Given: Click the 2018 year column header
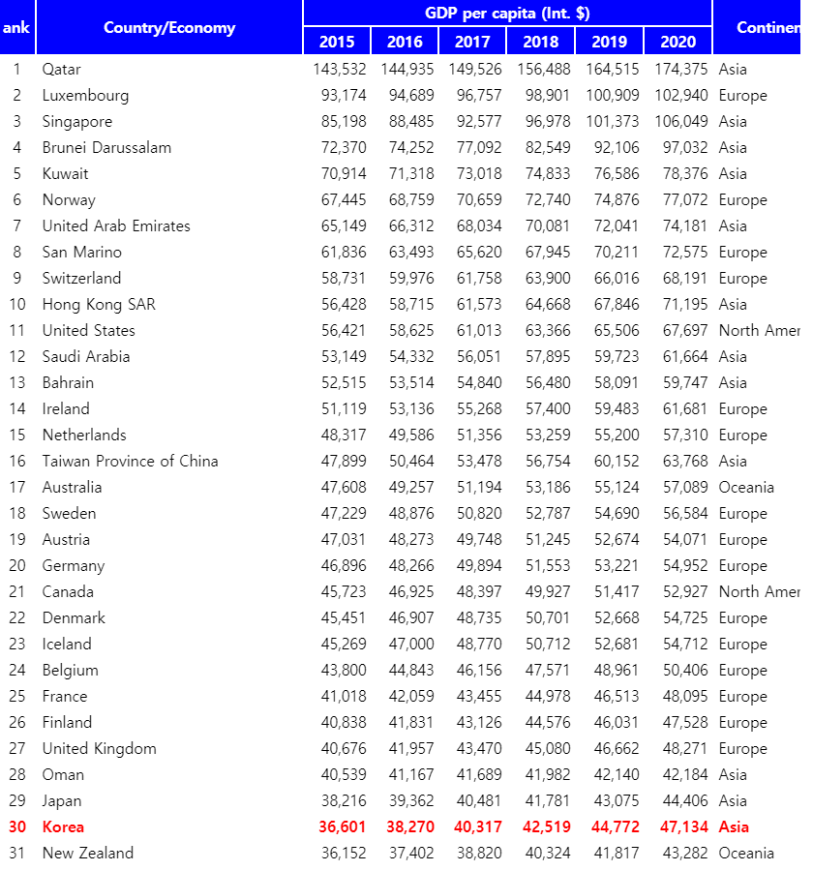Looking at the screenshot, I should [541, 42].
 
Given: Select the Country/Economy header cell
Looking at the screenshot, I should [169, 27].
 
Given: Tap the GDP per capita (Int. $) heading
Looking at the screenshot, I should [507, 14].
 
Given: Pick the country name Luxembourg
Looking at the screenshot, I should [85, 96].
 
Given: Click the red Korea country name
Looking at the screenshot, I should [63, 827].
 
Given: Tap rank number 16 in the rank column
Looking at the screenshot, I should [17, 462].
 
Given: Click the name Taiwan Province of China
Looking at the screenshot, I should [130, 462].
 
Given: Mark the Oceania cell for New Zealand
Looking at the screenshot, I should [746, 854].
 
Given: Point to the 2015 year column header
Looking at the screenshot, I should [337, 42].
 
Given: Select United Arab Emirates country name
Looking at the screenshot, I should [116, 226].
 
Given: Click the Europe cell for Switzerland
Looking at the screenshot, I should [742, 279].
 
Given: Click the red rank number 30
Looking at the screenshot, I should [17, 827].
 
